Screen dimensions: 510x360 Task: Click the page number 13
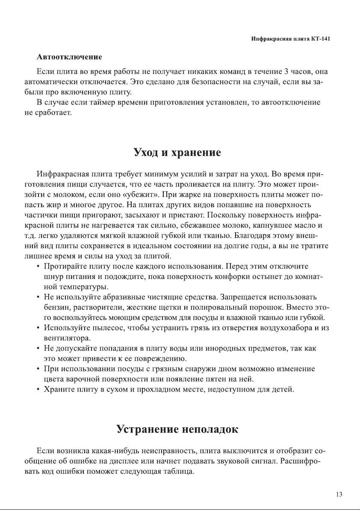[x=339, y=495]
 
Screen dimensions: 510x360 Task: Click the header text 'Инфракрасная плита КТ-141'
[x=291, y=39]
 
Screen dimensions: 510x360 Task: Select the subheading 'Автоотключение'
[x=69, y=57]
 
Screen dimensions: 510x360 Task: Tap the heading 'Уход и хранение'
[x=177, y=152]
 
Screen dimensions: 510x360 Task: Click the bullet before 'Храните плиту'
[x=38, y=390]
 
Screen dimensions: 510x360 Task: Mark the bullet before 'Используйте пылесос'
[x=38, y=328]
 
